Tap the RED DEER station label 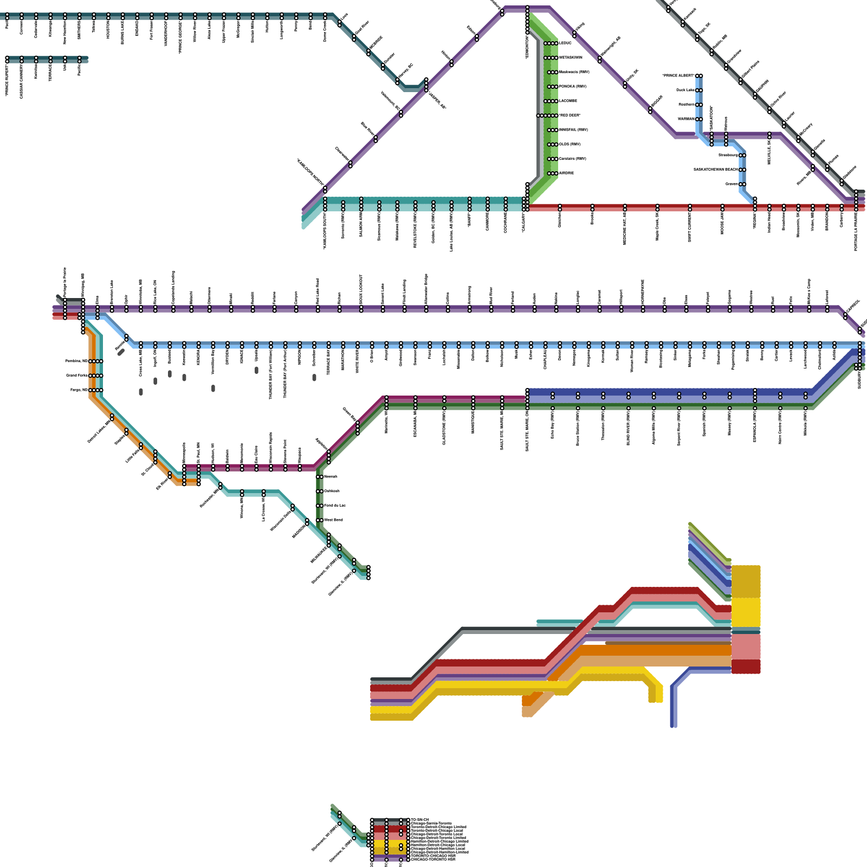[570, 115]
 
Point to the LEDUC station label [565, 43]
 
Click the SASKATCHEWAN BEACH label [716, 170]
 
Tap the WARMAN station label [686, 119]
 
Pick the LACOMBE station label [568, 101]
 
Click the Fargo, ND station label [79, 390]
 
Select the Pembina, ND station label [76, 361]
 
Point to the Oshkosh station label [332, 491]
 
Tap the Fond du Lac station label [334, 506]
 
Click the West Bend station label [333, 520]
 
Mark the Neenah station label [331, 477]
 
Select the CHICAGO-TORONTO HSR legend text [433, 859]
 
